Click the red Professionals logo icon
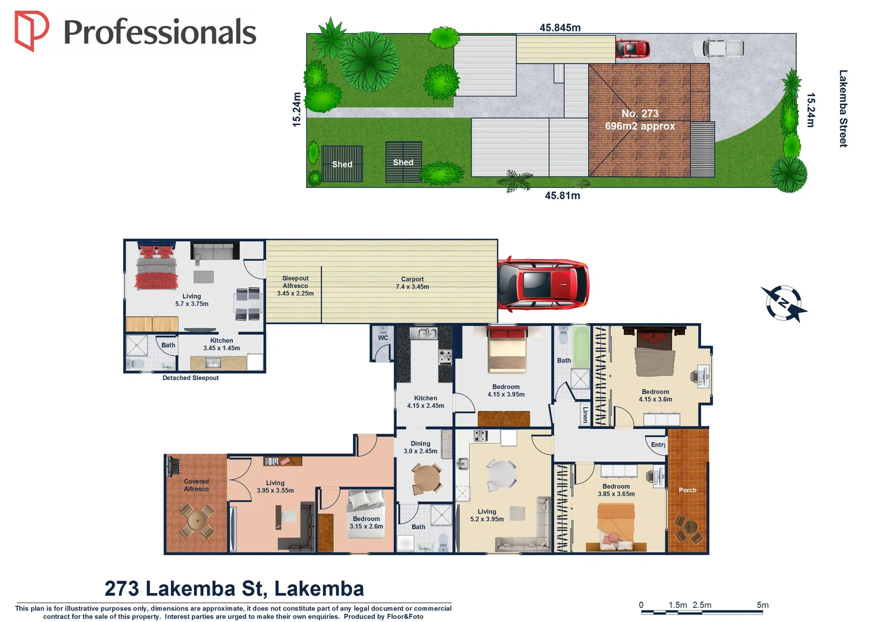coord(31,31)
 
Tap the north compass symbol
coord(783,303)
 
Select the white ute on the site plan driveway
coord(718,48)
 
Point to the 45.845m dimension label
coord(560,28)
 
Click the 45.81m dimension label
coord(562,196)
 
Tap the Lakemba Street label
coord(843,108)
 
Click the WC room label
coord(383,338)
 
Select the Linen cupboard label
coord(585,415)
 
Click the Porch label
coord(687,490)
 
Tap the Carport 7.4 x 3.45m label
coord(412,283)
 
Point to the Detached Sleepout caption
coord(191,378)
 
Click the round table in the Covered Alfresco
coord(197,521)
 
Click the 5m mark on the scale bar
coord(762,605)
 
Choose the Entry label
coord(658,445)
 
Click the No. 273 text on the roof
coord(640,113)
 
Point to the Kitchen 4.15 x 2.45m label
coord(425,402)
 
